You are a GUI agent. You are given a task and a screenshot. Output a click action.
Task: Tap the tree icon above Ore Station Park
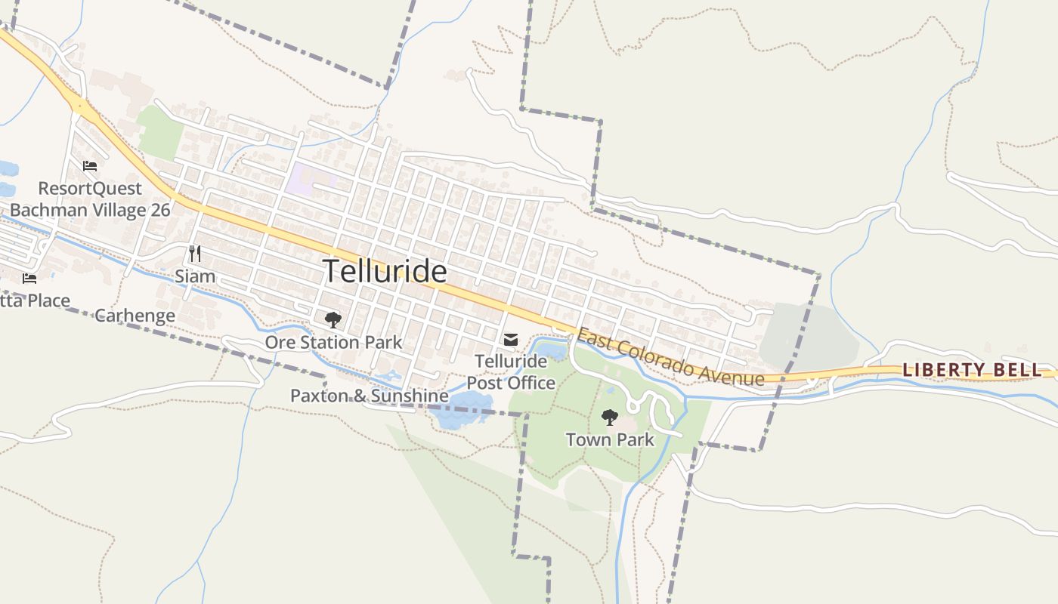pyautogui.click(x=333, y=320)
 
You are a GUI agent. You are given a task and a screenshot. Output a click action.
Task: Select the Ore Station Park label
pyautogui.click(x=333, y=342)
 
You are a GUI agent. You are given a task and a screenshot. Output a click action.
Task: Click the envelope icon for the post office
pyautogui.click(x=511, y=340)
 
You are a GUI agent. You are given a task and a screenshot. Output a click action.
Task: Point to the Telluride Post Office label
pyautogui.click(x=511, y=372)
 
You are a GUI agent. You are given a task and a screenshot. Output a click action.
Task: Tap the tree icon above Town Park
pyautogui.click(x=609, y=417)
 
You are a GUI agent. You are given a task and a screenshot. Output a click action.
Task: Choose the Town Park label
pyautogui.click(x=610, y=439)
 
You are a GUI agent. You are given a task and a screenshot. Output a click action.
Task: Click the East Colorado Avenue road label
pyautogui.click(x=670, y=357)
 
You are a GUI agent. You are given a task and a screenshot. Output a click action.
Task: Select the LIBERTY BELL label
pyautogui.click(x=972, y=370)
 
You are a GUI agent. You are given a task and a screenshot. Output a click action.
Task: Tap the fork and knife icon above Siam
pyautogui.click(x=194, y=253)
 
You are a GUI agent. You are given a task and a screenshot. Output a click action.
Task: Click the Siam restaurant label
pyautogui.click(x=195, y=276)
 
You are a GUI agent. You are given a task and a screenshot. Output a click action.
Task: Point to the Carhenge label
pyautogui.click(x=135, y=316)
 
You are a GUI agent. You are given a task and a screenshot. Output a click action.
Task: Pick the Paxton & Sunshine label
pyautogui.click(x=370, y=396)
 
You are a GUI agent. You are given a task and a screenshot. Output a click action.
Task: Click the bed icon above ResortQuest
pyautogui.click(x=90, y=166)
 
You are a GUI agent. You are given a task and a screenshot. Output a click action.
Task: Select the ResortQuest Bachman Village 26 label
pyautogui.click(x=90, y=199)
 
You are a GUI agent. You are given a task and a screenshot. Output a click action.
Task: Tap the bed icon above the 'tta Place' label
pyautogui.click(x=29, y=279)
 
